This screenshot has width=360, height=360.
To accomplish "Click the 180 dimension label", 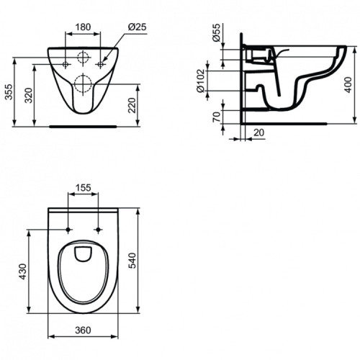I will point(83,27).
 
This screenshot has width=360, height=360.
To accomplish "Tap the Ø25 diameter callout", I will point(137,27).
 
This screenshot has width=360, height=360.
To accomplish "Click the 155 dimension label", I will point(83,187).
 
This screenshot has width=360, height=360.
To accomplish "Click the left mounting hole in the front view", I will point(66,64).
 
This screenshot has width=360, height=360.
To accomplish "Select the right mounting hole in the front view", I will point(100,64).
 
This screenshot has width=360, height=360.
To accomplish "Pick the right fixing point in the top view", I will point(98,230).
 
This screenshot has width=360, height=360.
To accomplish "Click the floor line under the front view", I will point(83,125).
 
